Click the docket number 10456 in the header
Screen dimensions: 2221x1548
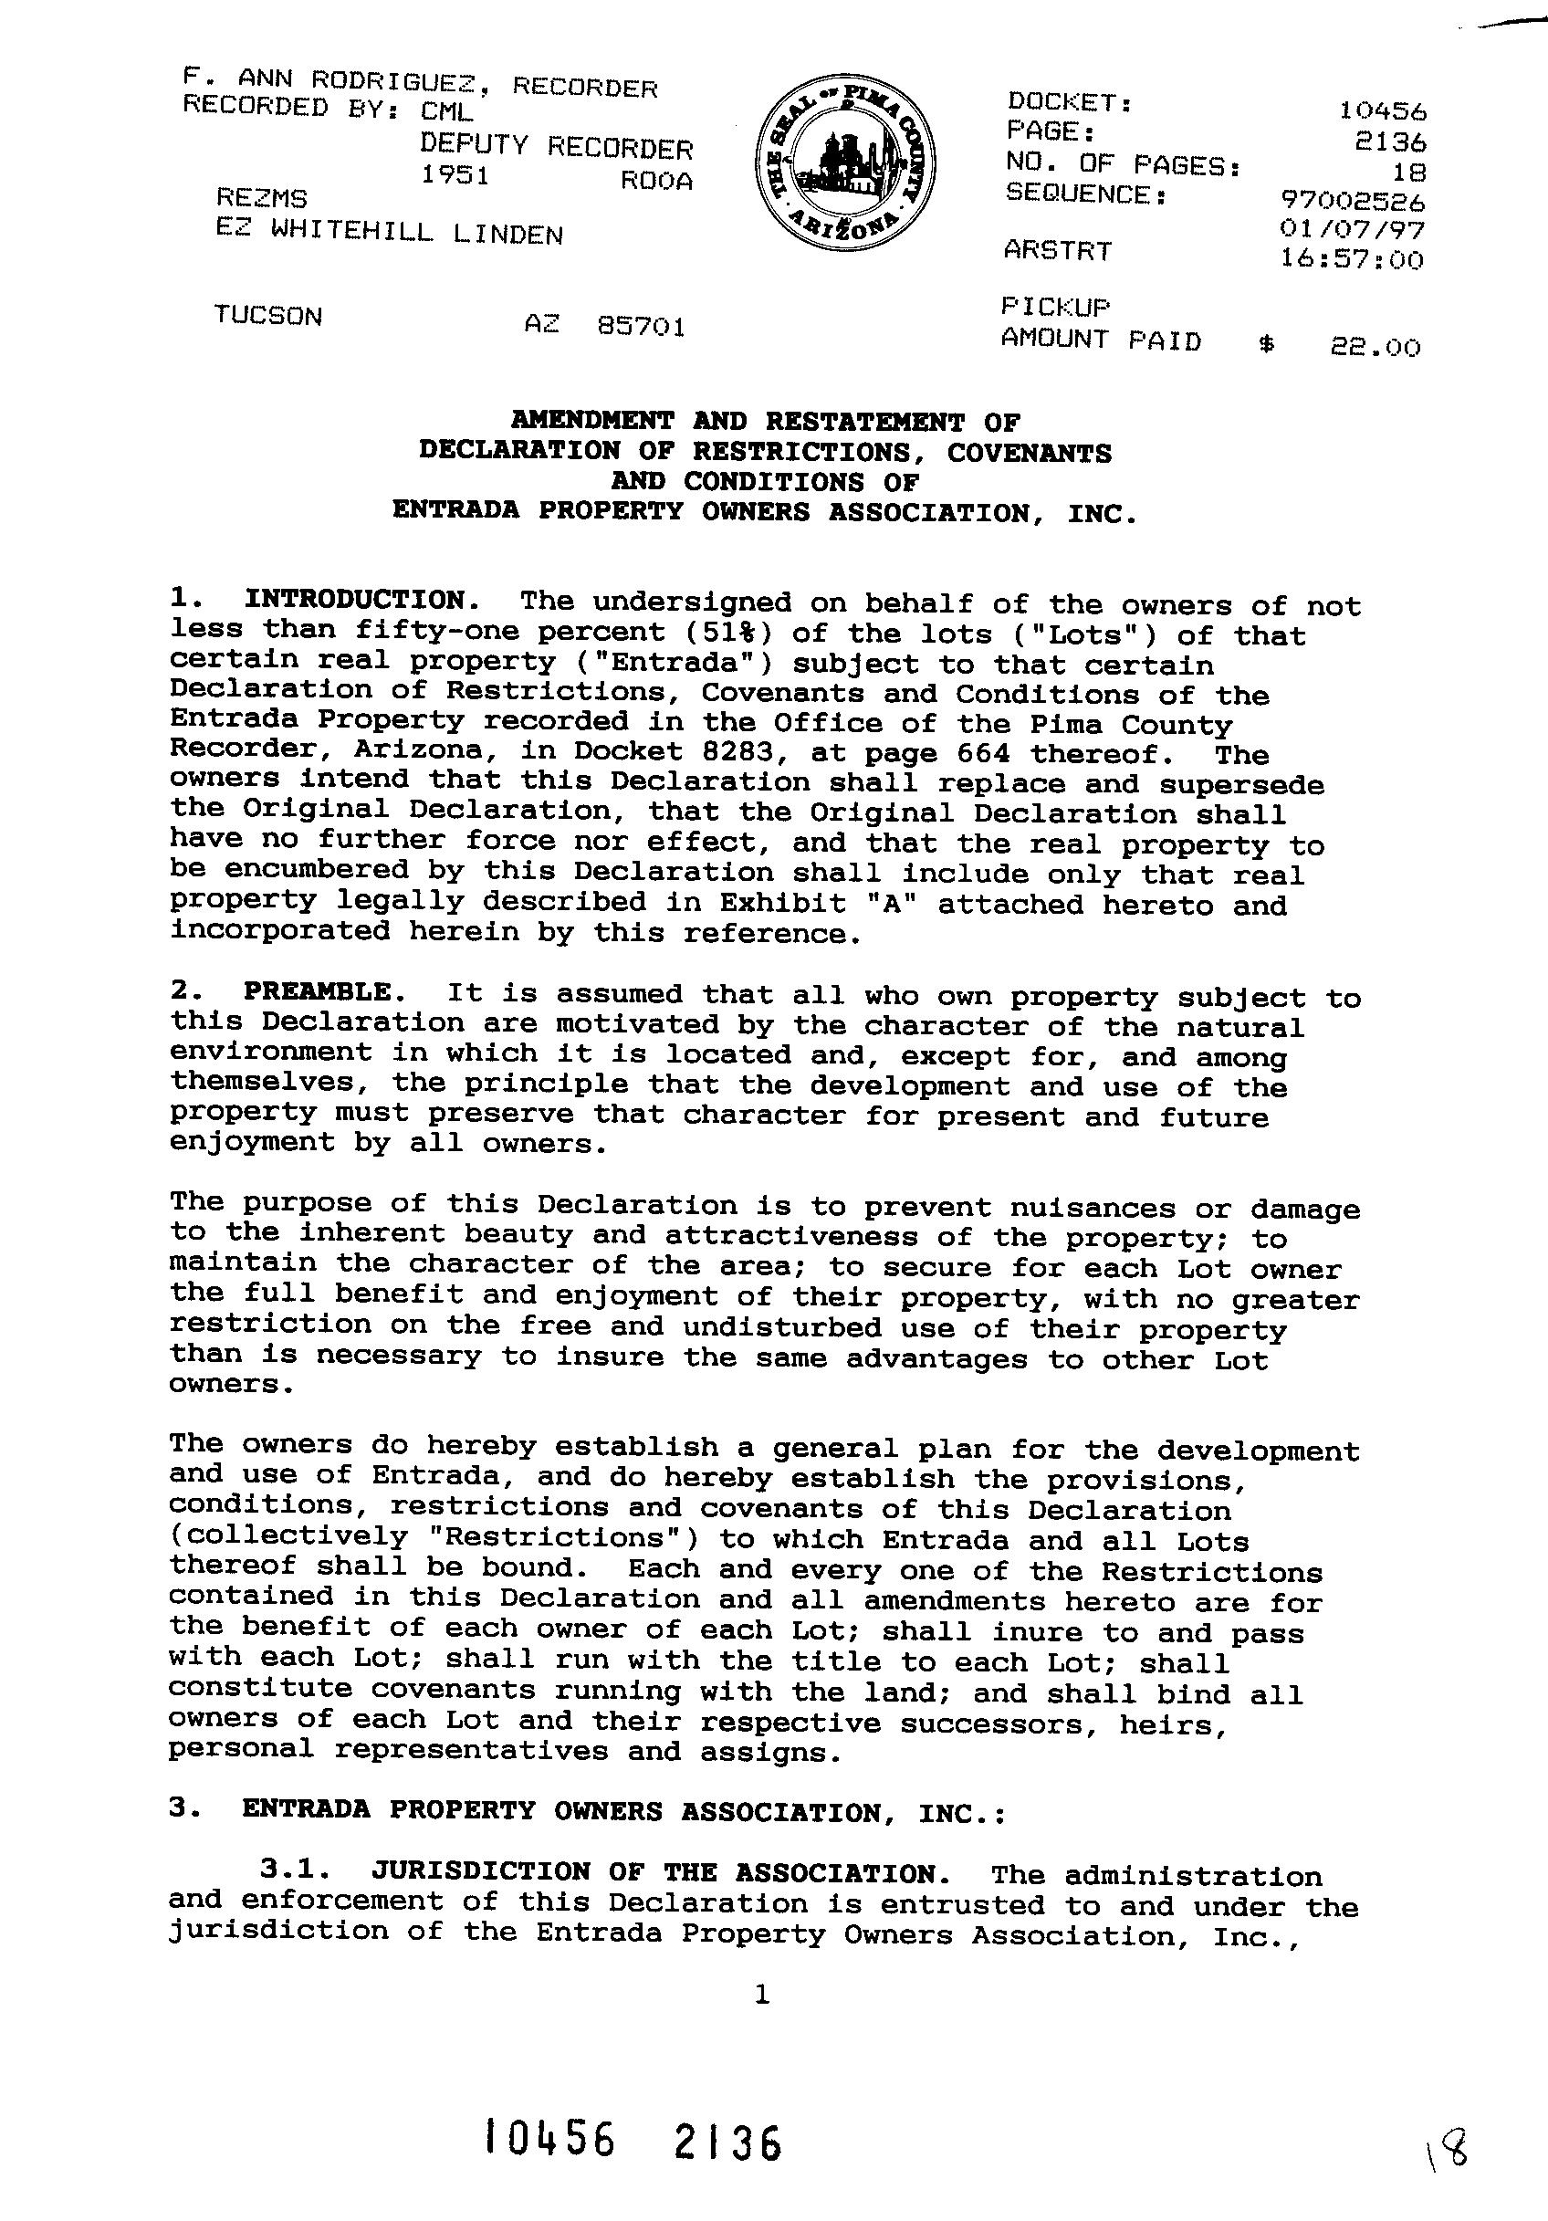click(1383, 111)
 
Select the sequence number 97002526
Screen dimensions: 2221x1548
click(1352, 201)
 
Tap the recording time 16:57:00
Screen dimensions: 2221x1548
click(1352, 259)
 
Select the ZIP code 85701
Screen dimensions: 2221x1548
click(642, 327)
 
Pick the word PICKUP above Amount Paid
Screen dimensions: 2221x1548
click(1055, 307)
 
